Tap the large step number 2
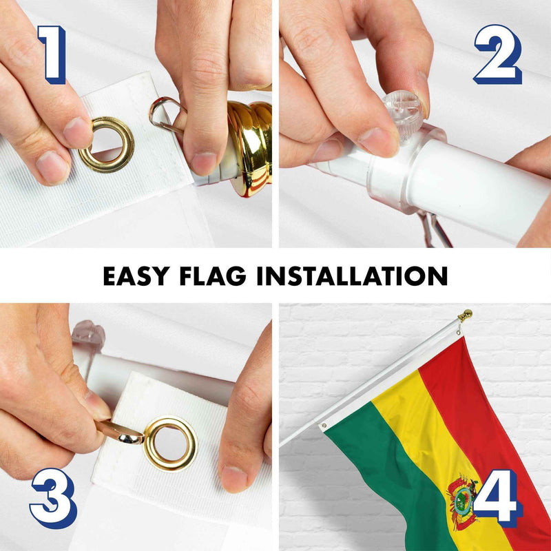[497, 54]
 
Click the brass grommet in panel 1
[106, 144]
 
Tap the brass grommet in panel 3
[170, 443]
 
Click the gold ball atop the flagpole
[466, 315]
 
